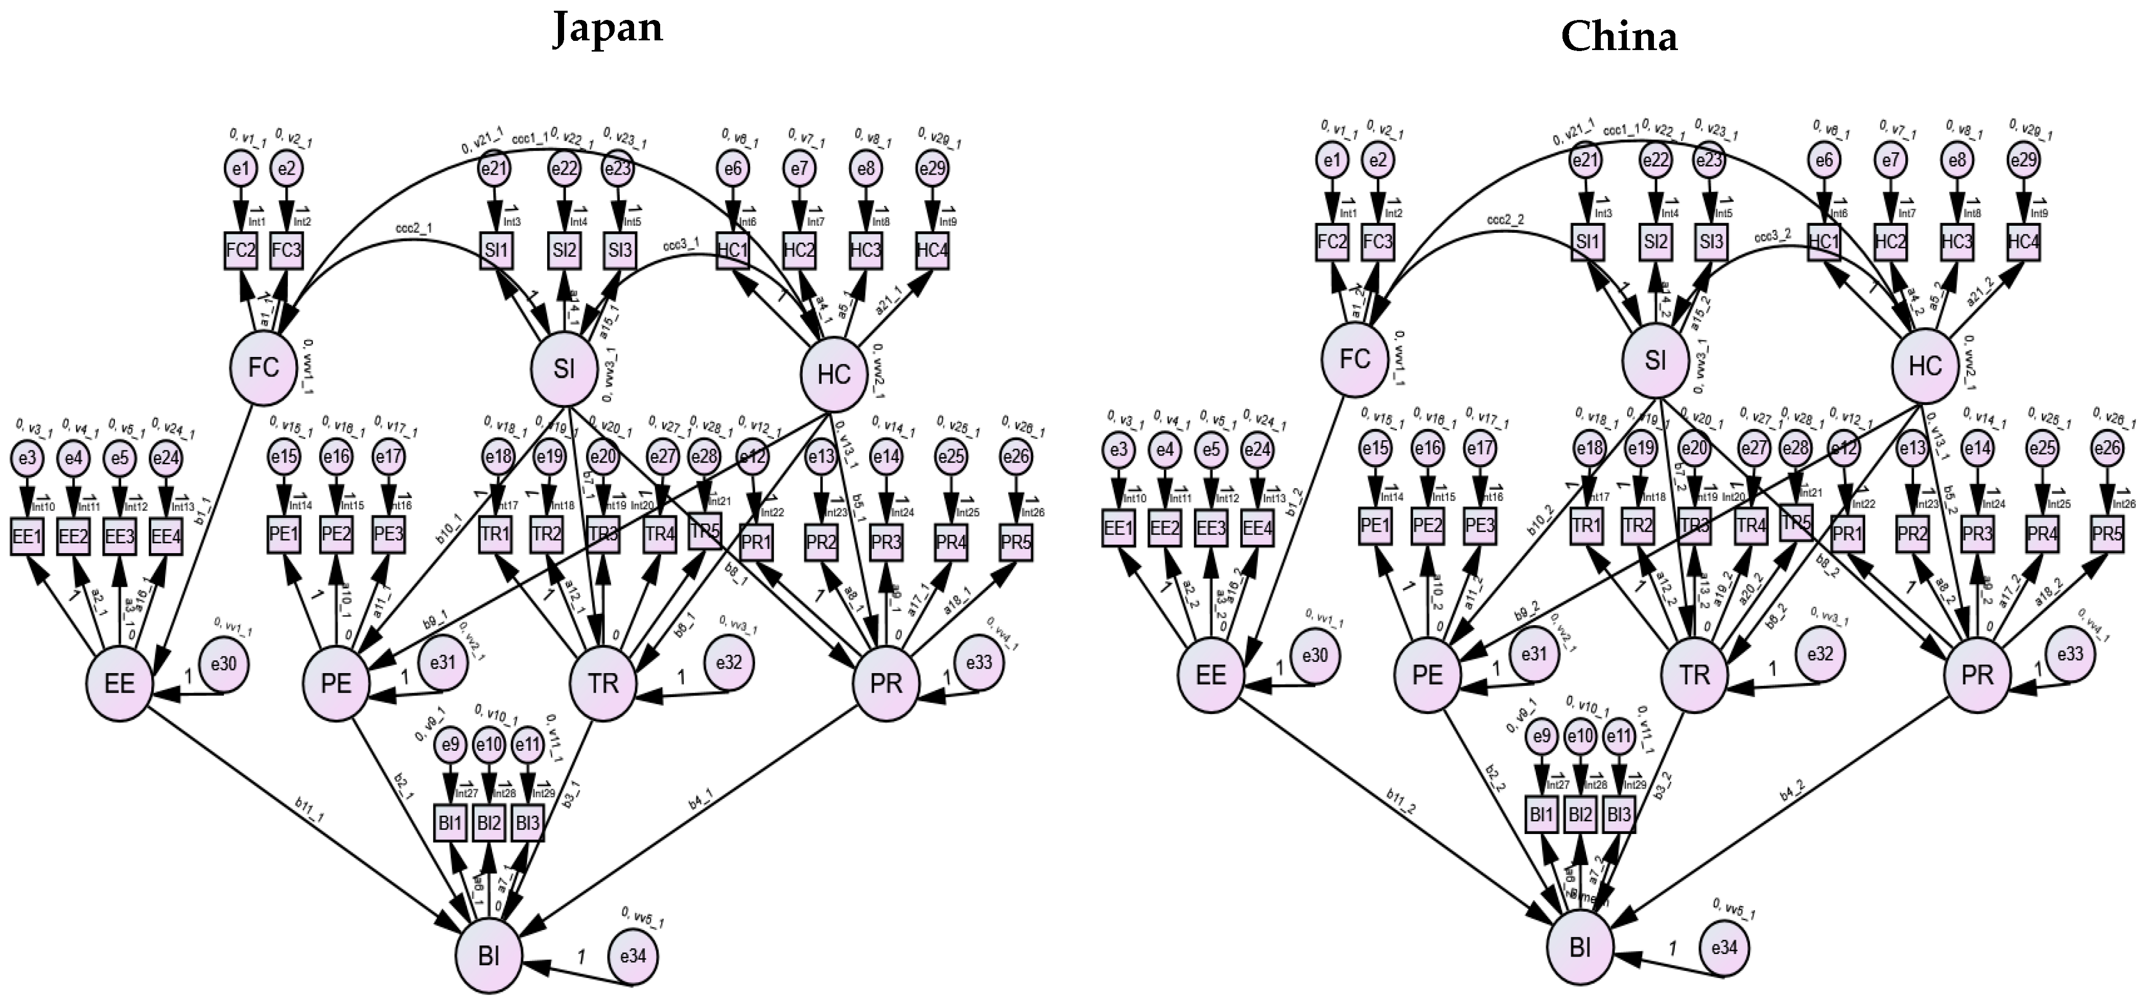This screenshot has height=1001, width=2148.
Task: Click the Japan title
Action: pos(608,29)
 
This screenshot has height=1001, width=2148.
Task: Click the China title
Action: pos(1619,37)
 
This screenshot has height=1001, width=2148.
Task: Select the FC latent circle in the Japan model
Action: pos(264,368)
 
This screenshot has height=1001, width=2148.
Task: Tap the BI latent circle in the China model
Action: pos(1580,948)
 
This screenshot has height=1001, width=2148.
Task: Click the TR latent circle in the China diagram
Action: pos(1694,675)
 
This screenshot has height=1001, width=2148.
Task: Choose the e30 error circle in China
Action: pos(1315,656)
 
